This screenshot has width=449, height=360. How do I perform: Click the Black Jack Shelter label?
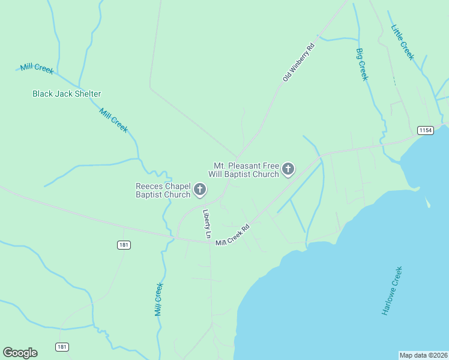(67, 94)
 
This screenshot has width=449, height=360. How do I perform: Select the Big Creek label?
(361, 64)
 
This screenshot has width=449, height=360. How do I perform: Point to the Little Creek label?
(402, 42)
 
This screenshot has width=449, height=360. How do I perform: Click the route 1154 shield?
(426, 130)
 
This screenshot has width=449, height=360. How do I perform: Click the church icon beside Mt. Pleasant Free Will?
(288, 169)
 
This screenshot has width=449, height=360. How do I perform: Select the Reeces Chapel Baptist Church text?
(163, 190)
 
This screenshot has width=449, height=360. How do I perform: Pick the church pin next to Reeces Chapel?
(200, 190)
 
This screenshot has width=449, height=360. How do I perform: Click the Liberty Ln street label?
(206, 224)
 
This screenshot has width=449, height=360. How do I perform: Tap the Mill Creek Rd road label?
(233, 234)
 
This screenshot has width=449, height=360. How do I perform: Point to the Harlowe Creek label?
(392, 291)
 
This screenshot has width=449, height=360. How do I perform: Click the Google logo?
(20, 353)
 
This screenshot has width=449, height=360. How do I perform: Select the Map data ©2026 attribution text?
(423, 355)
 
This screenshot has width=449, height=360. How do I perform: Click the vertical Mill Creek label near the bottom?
(158, 299)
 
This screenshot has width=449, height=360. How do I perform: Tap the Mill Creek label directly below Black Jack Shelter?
(113, 120)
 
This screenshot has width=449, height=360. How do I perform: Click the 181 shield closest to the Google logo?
(62, 347)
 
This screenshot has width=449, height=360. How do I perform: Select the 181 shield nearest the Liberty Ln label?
(124, 245)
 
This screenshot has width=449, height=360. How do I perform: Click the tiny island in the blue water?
(428, 203)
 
